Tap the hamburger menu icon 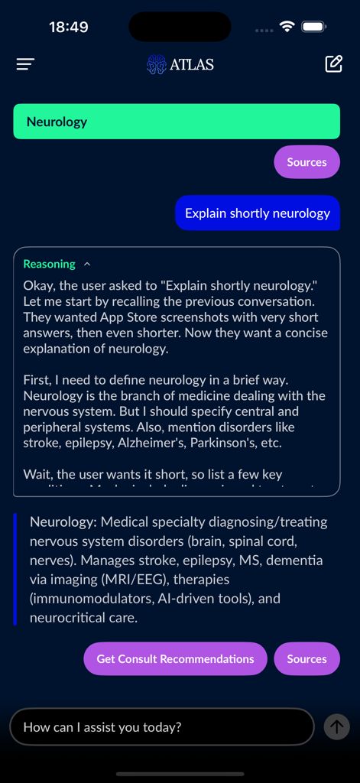[x=26, y=64]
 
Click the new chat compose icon [x=333, y=64]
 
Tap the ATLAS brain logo [x=156, y=64]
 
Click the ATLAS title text [x=192, y=64]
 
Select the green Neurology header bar [x=177, y=122]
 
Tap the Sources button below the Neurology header [x=306, y=162]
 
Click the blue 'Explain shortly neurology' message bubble [x=258, y=213]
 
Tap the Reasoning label [x=49, y=264]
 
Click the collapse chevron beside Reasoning [x=87, y=264]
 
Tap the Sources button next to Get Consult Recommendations [x=306, y=659]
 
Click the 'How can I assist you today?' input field [x=161, y=726]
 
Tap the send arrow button [x=336, y=726]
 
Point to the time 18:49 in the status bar [x=68, y=27]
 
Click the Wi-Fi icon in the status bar [x=287, y=27]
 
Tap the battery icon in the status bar [x=313, y=27]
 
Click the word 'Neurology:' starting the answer [x=63, y=522]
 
